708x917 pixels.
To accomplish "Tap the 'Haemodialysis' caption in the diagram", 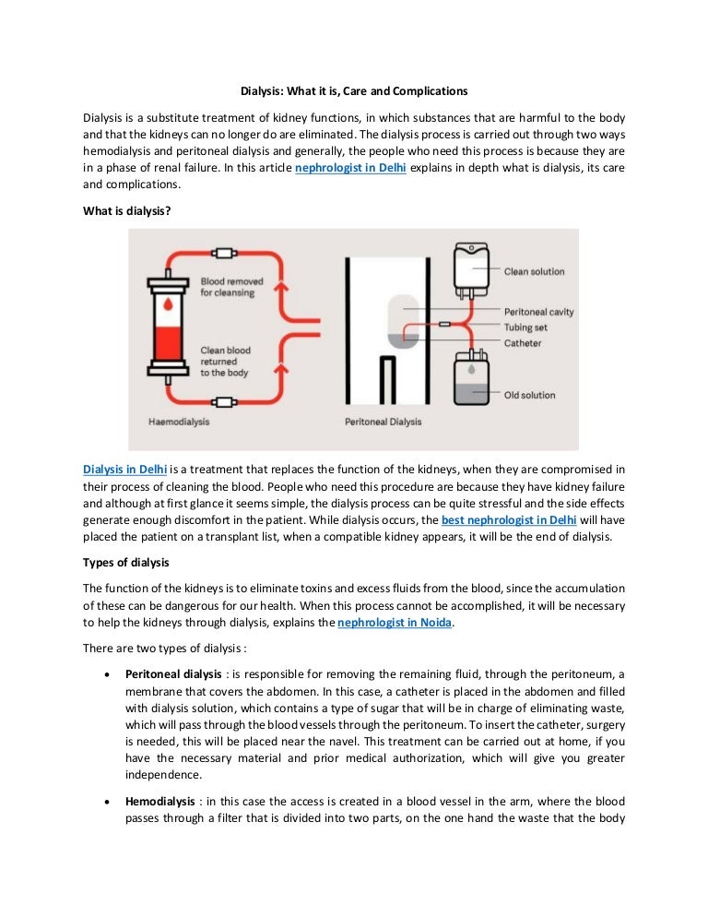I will coord(178,422).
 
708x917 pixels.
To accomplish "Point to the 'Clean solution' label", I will coord(534,271).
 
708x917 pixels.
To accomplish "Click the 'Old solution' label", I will coord(529,395).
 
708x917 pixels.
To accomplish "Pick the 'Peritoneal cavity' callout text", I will coord(538,312).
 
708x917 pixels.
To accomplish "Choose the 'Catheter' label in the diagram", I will coord(523,343).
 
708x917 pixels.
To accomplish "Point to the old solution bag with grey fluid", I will coord(472,380).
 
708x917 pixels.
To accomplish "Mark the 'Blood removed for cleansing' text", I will coord(231,287).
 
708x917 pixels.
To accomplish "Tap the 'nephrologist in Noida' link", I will coord(396,623).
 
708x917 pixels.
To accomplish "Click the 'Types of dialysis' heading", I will coord(125,562).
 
